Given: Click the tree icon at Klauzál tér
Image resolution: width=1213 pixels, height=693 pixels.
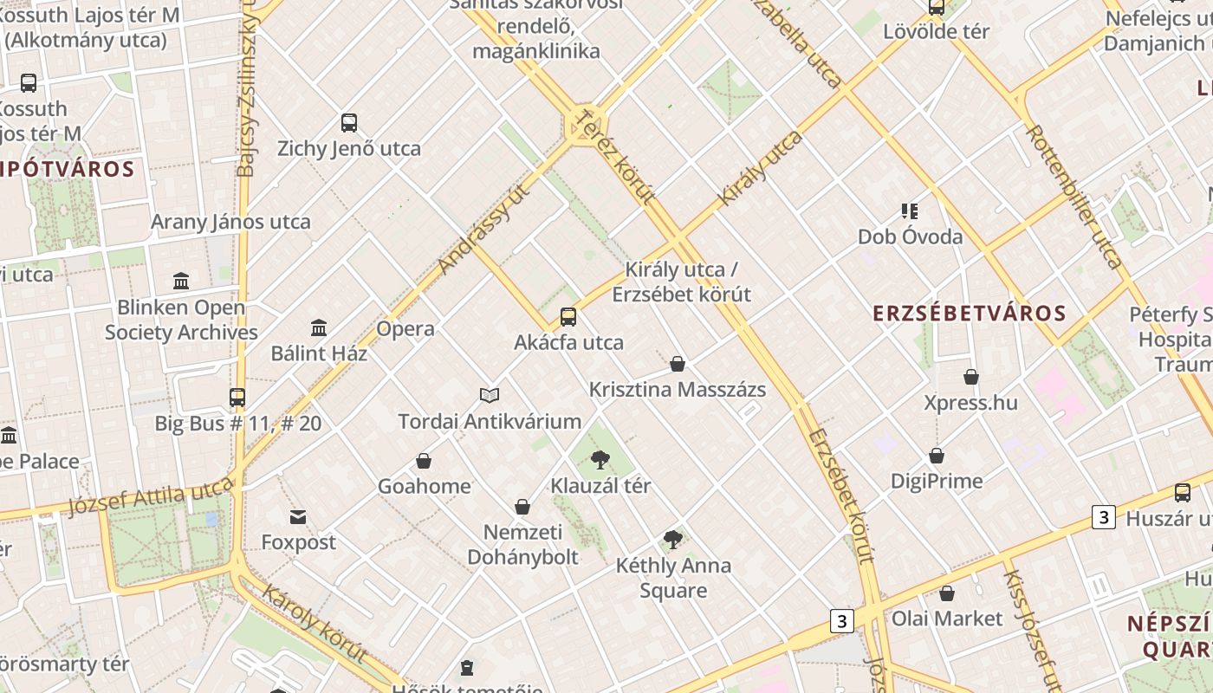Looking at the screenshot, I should pyautogui.click(x=600, y=459).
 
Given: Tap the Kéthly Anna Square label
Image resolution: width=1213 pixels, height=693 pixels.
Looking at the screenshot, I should pyautogui.click(x=673, y=578).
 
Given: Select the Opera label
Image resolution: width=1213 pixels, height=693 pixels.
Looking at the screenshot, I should pyautogui.click(x=405, y=329).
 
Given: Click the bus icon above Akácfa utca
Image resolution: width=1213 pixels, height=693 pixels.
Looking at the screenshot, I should pyautogui.click(x=568, y=317).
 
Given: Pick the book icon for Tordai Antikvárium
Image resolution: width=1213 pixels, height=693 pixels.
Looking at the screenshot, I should pyautogui.click(x=490, y=396).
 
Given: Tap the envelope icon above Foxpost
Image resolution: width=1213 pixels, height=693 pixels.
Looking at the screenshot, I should pyautogui.click(x=298, y=518).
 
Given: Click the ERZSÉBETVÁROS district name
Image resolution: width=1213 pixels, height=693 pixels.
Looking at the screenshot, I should pyautogui.click(x=969, y=313).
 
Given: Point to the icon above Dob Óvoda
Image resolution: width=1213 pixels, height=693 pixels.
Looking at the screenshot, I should pyautogui.click(x=909, y=210).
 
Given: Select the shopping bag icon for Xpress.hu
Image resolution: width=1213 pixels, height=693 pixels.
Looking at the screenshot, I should pyautogui.click(x=971, y=377).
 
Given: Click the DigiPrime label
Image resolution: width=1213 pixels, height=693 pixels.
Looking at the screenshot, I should pyautogui.click(x=937, y=481).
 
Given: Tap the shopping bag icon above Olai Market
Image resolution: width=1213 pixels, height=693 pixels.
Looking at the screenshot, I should pyautogui.click(x=947, y=593).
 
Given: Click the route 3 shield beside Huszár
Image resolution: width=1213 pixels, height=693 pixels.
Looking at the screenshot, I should pyautogui.click(x=1103, y=518).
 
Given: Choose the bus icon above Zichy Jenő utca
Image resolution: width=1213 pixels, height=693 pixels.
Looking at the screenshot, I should pyautogui.click(x=349, y=123).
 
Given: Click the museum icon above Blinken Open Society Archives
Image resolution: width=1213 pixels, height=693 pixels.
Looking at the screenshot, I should pyautogui.click(x=181, y=282).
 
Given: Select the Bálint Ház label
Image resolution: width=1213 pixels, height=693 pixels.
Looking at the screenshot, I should pyautogui.click(x=319, y=353).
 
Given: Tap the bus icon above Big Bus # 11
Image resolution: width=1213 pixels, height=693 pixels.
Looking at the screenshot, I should pyautogui.click(x=237, y=398).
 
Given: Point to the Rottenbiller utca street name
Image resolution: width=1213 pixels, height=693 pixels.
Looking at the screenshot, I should pyautogui.click(x=1074, y=195).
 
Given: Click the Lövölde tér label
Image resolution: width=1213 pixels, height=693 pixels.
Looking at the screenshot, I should pyautogui.click(x=936, y=32).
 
